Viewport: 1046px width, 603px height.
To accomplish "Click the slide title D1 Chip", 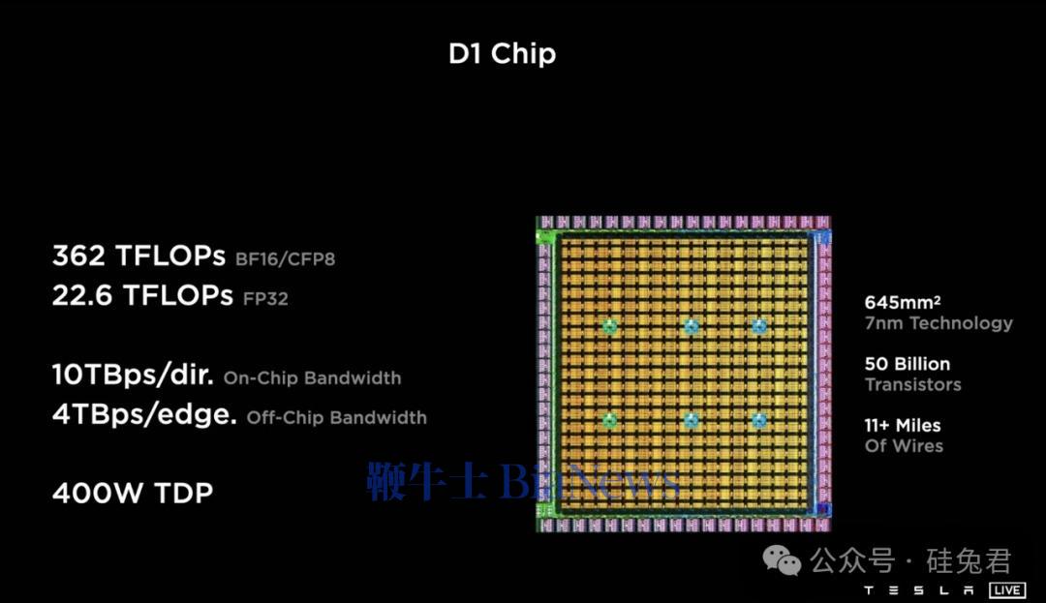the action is [502, 54].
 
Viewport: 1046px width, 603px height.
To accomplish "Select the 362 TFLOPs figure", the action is [138, 256].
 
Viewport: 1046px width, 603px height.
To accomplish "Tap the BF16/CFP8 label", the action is [285, 258].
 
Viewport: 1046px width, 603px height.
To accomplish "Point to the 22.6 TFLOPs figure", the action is [142, 295].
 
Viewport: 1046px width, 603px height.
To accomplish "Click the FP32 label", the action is [265, 298].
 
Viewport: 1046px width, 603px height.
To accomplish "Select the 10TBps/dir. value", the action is [134, 376].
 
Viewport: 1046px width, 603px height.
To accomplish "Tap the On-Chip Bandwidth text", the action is [312, 377].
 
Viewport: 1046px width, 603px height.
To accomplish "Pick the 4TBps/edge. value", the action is [144, 414].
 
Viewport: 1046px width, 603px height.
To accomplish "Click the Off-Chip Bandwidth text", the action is [336, 418].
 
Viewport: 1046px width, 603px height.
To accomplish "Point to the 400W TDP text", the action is [133, 493].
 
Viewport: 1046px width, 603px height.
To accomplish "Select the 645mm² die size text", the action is [903, 302].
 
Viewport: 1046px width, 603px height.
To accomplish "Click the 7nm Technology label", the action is [938, 323].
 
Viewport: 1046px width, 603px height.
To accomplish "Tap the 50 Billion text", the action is [908, 364].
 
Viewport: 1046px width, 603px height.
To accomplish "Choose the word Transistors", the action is [912, 384].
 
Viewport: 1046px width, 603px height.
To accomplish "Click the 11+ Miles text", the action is [903, 425].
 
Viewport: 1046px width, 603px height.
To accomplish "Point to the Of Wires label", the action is [904, 446].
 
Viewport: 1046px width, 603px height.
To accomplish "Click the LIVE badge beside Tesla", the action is [1006, 589].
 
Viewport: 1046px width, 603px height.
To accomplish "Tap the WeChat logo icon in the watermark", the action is [782, 559].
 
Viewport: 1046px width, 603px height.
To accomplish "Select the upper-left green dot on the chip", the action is [610, 326].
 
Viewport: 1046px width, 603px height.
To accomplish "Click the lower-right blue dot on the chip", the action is [759, 420].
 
